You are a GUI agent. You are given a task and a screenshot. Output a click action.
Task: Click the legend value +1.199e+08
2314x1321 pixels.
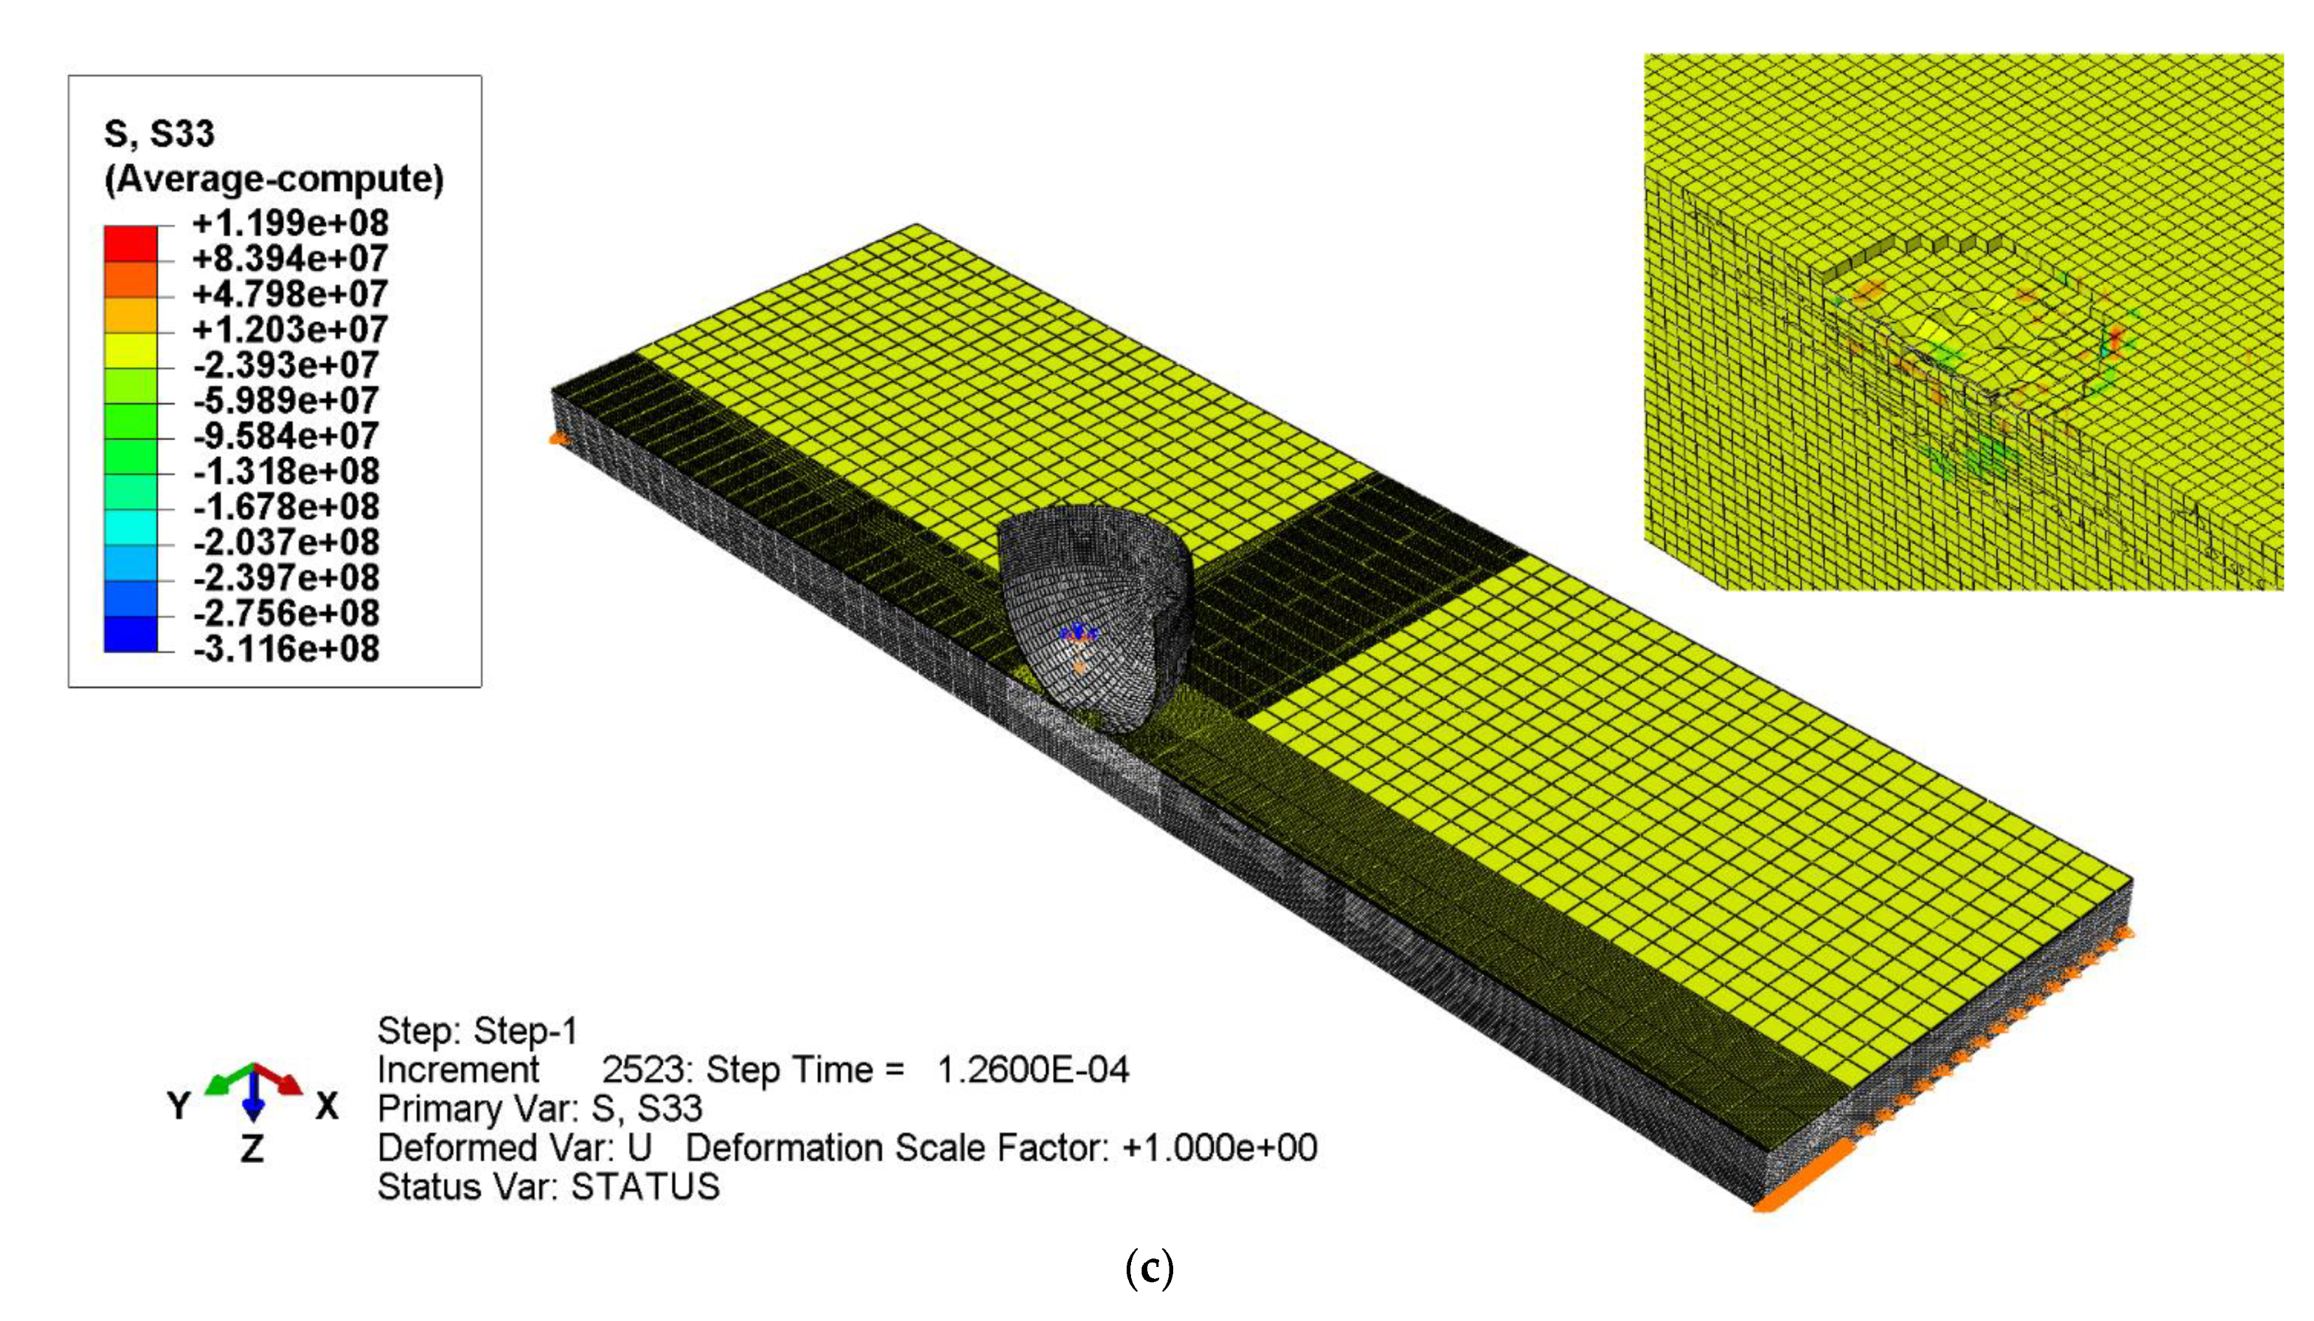click(289, 223)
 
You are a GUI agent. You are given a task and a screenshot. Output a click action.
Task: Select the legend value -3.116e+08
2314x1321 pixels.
click(286, 649)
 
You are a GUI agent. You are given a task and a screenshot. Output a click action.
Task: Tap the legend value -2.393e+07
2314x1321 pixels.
click(286, 365)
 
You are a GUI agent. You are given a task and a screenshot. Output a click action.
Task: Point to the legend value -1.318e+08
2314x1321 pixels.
click(286, 471)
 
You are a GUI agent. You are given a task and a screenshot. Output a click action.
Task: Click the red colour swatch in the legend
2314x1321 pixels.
click(131, 243)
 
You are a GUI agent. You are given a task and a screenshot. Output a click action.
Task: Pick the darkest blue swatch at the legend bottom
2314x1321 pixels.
click(131, 633)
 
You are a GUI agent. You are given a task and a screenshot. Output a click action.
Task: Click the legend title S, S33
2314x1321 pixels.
click(159, 134)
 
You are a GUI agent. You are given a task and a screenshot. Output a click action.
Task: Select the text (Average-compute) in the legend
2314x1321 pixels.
click(274, 179)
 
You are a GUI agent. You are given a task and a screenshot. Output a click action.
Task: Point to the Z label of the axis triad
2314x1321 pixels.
click(251, 1148)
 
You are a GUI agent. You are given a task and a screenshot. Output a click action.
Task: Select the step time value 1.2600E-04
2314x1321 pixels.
click(1032, 1070)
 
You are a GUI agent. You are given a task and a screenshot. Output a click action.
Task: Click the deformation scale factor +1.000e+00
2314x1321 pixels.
click(1219, 1148)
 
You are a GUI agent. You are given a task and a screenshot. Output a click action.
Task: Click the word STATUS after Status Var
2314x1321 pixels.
click(645, 1187)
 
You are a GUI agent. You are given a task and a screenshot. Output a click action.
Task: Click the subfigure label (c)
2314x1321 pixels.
click(1149, 1268)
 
